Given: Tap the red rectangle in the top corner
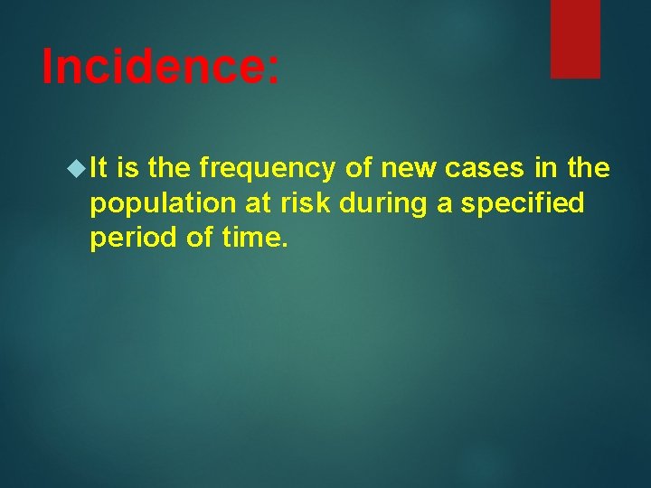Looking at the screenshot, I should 576,38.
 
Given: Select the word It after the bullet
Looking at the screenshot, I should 99,168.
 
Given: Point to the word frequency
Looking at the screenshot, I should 267,168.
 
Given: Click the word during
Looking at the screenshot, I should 383,204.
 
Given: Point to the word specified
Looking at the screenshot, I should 523,203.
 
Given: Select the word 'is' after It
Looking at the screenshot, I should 127,168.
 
